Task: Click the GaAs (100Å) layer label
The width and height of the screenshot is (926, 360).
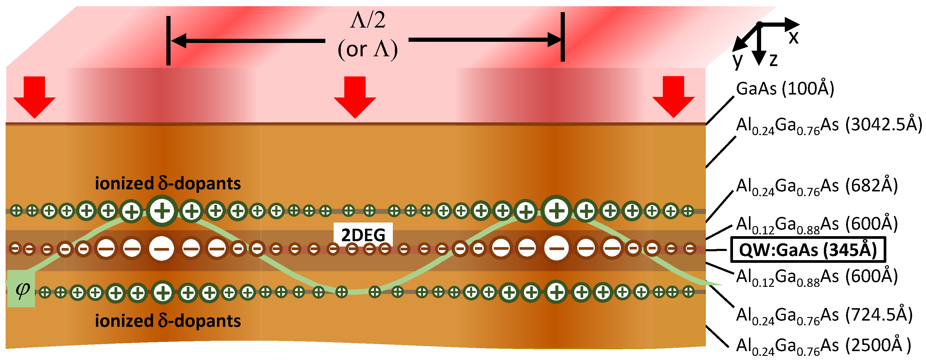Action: pos(785,89)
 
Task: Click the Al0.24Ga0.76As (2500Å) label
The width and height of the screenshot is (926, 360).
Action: pos(823,346)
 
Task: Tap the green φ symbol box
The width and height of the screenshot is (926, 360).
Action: pos(22,289)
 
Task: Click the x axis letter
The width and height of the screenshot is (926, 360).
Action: pos(793,37)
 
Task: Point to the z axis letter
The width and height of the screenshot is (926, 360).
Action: pos(774,60)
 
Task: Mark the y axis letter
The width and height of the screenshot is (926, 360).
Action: pos(738,60)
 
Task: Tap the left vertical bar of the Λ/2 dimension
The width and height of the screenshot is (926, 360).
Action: pos(168,41)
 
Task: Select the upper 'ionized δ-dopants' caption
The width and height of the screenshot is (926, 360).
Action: pos(168,183)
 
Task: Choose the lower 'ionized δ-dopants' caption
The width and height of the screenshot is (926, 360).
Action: pos(168,321)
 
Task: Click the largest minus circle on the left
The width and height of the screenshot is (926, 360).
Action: pos(161,249)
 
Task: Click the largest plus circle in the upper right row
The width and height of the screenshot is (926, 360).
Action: pos(557,211)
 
